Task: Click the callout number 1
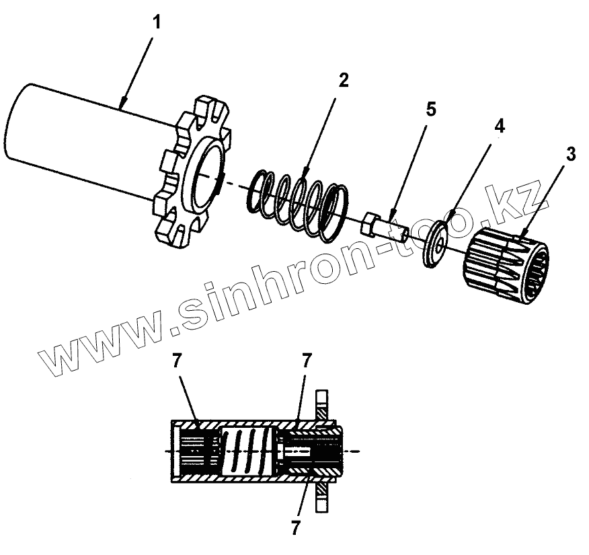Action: pos(157,22)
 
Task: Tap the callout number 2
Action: pos(343,81)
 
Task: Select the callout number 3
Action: pos(570,154)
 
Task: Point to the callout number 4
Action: pos(499,126)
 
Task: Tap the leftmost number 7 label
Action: pos(176,360)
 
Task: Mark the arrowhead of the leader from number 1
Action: pos(122,106)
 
